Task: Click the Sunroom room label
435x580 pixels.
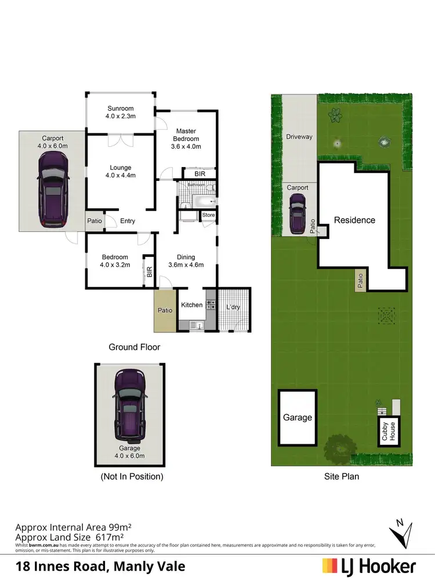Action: coord(121,112)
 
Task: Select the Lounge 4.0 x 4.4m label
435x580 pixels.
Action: coord(121,172)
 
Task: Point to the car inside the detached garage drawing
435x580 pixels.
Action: coord(130,404)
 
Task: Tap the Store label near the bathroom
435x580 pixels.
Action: coord(208,216)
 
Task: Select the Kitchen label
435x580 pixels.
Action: coord(192,305)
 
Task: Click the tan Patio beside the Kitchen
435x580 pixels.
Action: coord(165,311)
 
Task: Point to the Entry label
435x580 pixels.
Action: coord(128,221)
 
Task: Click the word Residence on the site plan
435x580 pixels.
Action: coord(354,220)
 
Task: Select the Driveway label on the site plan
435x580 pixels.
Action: coord(299,137)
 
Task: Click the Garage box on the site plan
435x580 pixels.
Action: coord(298,418)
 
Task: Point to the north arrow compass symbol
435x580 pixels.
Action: coord(401,531)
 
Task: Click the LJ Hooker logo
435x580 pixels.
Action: coord(369,565)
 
